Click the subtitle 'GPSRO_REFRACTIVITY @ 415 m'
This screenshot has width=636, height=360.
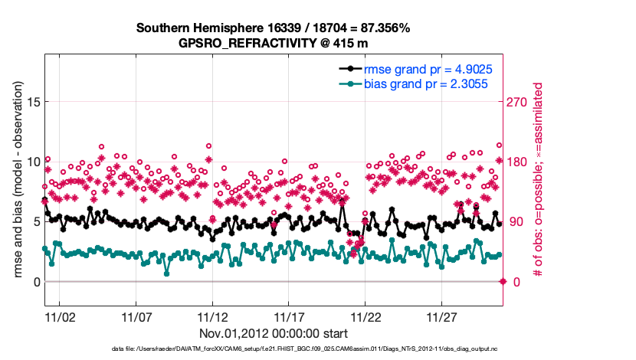coord(274,43)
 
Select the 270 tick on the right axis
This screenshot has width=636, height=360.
coord(520,102)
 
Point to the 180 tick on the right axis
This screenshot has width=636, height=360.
coord(520,162)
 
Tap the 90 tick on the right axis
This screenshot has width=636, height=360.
coord(516,222)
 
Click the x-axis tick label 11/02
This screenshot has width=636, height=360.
coord(60,316)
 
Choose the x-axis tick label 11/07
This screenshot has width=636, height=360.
coord(136,316)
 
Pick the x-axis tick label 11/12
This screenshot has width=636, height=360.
coord(212,316)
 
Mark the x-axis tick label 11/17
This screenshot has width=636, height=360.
coord(289,316)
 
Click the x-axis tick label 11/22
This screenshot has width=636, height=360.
coord(366,316)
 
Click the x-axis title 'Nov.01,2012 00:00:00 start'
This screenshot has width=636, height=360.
coord(274,334)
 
